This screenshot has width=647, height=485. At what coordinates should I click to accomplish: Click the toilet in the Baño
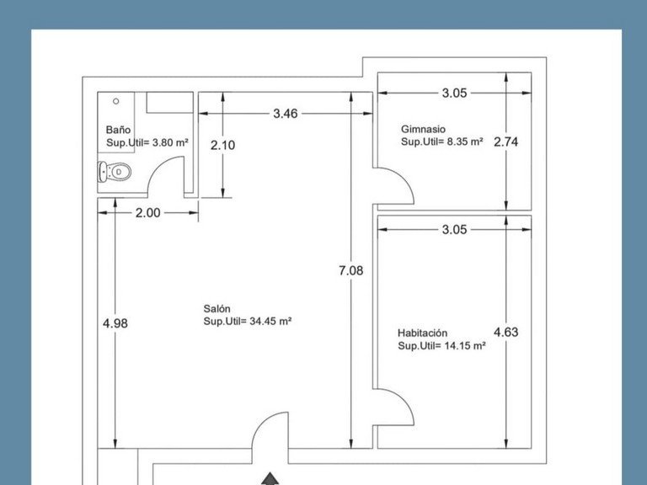tap(115, 172)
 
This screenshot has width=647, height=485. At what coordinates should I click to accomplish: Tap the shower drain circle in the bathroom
tap(116, 101)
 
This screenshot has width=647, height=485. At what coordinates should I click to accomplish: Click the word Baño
tap(118, 130)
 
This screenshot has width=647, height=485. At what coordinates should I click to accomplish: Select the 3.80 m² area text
tap(170, 142)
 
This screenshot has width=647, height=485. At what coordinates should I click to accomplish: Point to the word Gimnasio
tap(424, 129)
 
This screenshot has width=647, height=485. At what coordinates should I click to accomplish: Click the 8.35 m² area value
tap(465, 141)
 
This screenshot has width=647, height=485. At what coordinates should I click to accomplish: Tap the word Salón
tap(217, 308)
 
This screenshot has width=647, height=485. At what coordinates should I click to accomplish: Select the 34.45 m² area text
tap(270, 321)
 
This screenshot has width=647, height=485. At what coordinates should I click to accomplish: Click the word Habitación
tap(423, 333)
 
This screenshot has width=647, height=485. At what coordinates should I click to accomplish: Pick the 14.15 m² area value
tap(465, 345)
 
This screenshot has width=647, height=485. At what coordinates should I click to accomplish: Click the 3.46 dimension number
tap(285, 114)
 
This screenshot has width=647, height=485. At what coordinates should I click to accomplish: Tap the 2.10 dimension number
tap(222, 145)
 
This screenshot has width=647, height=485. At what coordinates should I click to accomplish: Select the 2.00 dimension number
tap(147, 213)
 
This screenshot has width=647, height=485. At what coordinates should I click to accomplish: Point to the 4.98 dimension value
tap(115, 323)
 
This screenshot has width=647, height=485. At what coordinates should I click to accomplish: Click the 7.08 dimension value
tap(350, 270)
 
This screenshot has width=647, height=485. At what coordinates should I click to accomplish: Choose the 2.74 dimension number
tap(505, 141)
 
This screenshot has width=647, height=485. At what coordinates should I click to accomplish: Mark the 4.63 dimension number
tap(505, 332)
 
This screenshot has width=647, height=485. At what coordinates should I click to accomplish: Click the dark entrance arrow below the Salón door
tap(270, 479)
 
